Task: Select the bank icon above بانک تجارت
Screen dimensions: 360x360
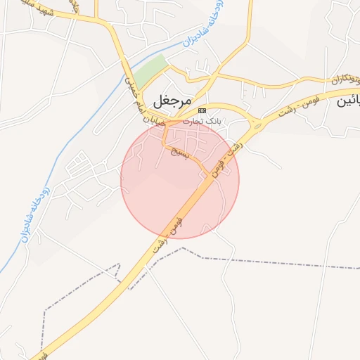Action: point(202,111)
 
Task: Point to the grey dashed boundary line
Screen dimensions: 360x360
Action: point(281,264)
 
